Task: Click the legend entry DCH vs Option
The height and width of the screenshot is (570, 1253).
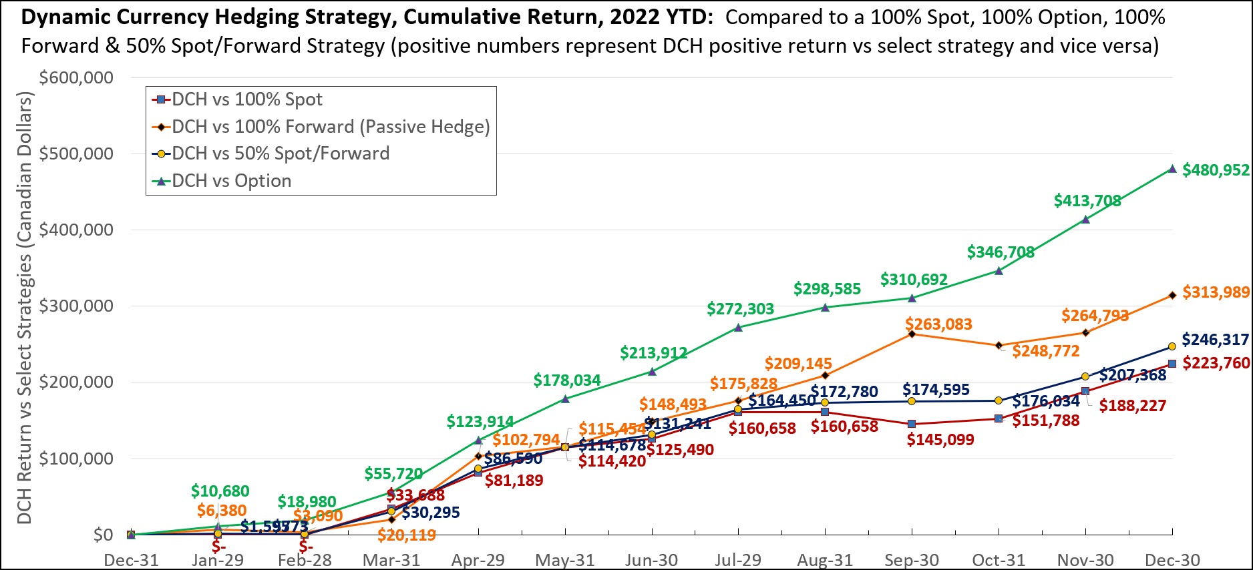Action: tap(231, 181)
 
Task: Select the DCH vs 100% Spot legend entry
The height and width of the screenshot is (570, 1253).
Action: tap(246, 99)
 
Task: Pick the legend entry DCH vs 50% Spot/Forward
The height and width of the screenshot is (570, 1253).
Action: tap(280, 154)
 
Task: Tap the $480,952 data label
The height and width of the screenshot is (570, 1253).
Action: tap(1216, 170)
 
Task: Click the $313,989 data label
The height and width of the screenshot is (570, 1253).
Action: tap(1216, 292)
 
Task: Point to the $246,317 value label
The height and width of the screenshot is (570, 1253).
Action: tap(1215, 340)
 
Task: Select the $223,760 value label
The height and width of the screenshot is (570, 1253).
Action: tap(1216, 363)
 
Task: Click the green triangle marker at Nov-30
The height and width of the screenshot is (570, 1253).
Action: tap(1085, 219)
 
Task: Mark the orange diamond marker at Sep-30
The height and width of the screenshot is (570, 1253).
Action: tap(912, 334)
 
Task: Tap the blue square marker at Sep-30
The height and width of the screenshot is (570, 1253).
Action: tap(912, 424)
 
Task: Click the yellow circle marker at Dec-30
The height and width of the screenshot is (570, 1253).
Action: tap(1172, 346)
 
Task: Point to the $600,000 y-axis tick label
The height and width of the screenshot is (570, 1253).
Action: tap(76, 78)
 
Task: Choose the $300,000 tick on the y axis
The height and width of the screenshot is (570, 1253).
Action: tap(76, 306)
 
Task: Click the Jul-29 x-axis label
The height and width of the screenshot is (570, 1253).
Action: tap(738, 560)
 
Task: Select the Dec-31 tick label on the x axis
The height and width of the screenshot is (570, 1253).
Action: tap(131, 560)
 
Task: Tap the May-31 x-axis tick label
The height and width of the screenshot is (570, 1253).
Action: tap(565, 560)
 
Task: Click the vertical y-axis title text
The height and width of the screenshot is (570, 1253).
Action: tap(24, 308)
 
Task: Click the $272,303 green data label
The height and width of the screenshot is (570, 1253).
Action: tap(740, 309)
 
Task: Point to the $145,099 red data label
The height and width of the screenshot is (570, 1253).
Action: tap(940, 440)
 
